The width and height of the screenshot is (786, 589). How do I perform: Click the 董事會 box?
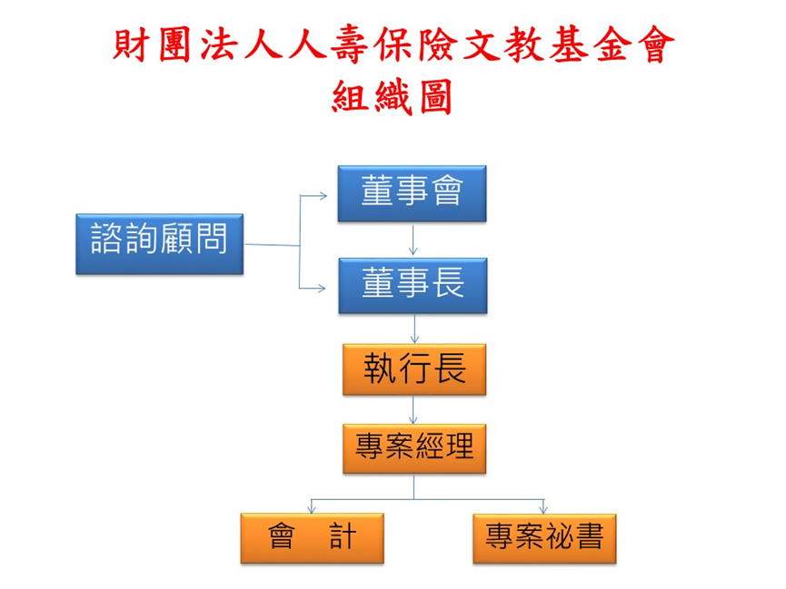413,193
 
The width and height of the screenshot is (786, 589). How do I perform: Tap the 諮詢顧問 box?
158,243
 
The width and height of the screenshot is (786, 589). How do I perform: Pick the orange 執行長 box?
414,368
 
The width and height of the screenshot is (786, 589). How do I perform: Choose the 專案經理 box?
414,447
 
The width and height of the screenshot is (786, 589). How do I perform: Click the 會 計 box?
312,537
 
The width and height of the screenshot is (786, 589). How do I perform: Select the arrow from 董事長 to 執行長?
414,328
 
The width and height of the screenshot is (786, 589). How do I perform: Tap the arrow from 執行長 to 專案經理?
414,408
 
